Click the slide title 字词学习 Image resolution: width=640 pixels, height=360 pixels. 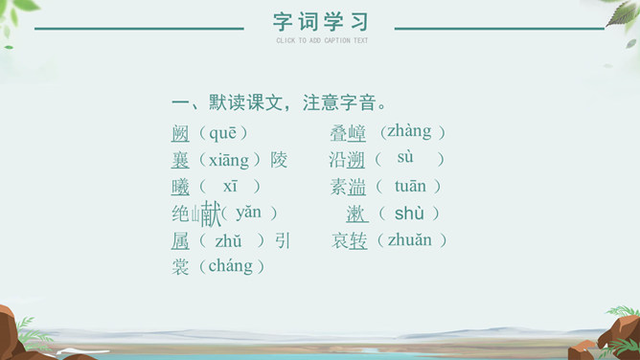pyautogui.click(x=321, y=22)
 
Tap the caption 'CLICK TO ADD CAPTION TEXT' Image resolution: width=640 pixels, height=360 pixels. pyautogui.click(x=322, y=40)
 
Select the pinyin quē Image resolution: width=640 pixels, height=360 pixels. pyautogui.click(x=222, y=133)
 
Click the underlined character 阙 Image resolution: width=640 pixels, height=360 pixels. pyautogui.click(x=180, y=134)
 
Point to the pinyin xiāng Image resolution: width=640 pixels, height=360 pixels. pyautogui.click(x=229, y=160)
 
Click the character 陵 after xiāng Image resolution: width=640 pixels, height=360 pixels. pyautogui.click(x=279, y=160)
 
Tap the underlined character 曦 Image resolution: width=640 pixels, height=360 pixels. pyautogui.click(x=180, y=187)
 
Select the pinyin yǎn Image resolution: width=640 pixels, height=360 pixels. pyautogui.click(x=248, y=213)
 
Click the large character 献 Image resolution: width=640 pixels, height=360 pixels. pyautogui.click(x=211, y=214)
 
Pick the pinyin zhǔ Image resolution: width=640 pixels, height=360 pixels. pyautogui.click(x=228, y=241)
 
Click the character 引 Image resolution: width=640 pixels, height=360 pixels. pyautogui.click(x=283, y=240)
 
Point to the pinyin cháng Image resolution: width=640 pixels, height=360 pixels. pyautogui.click(x=231, y=266)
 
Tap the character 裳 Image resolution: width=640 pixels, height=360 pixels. pyautogui.click(x=180, y=267)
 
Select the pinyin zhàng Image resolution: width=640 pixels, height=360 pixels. pyautogui.click(x=409, y=132)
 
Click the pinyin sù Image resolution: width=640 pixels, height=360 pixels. pyautogui.click(x=405, y=157)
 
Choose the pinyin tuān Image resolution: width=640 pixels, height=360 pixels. pyautogui.click(x=410, y=187)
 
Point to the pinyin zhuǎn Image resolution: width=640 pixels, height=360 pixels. pyautogui.click(x=409, y=240)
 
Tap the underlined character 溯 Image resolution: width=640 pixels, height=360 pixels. pyautogui.click(x=355, y=160)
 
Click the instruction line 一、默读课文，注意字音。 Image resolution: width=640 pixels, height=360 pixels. pyautogui.click(x=279, y=102)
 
